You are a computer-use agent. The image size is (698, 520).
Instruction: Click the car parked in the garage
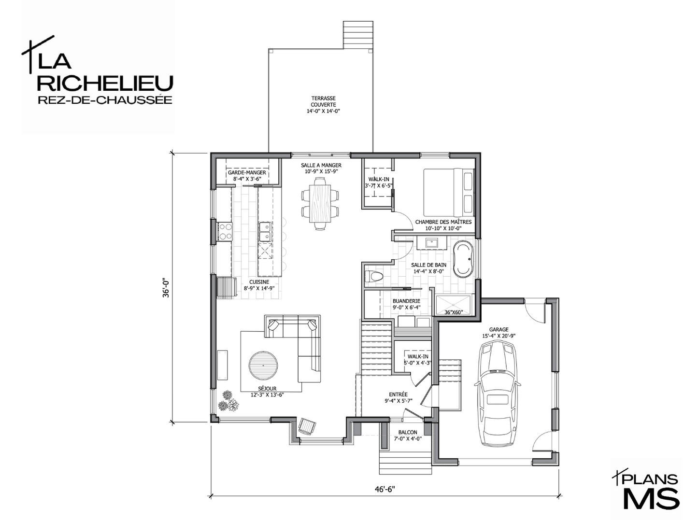point(498,394)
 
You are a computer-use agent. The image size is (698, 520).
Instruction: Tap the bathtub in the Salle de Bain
point(463,259)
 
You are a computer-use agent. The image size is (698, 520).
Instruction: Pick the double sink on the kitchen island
point(265,232)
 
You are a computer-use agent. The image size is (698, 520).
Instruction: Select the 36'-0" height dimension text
point(166,288)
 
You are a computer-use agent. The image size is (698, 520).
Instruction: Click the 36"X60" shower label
point(453,312)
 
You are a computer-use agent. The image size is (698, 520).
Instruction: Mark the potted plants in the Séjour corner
point(228,402)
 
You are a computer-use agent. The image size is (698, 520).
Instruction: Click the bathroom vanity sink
point(431,244)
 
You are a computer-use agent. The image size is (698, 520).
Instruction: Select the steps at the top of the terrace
point(358,35)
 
